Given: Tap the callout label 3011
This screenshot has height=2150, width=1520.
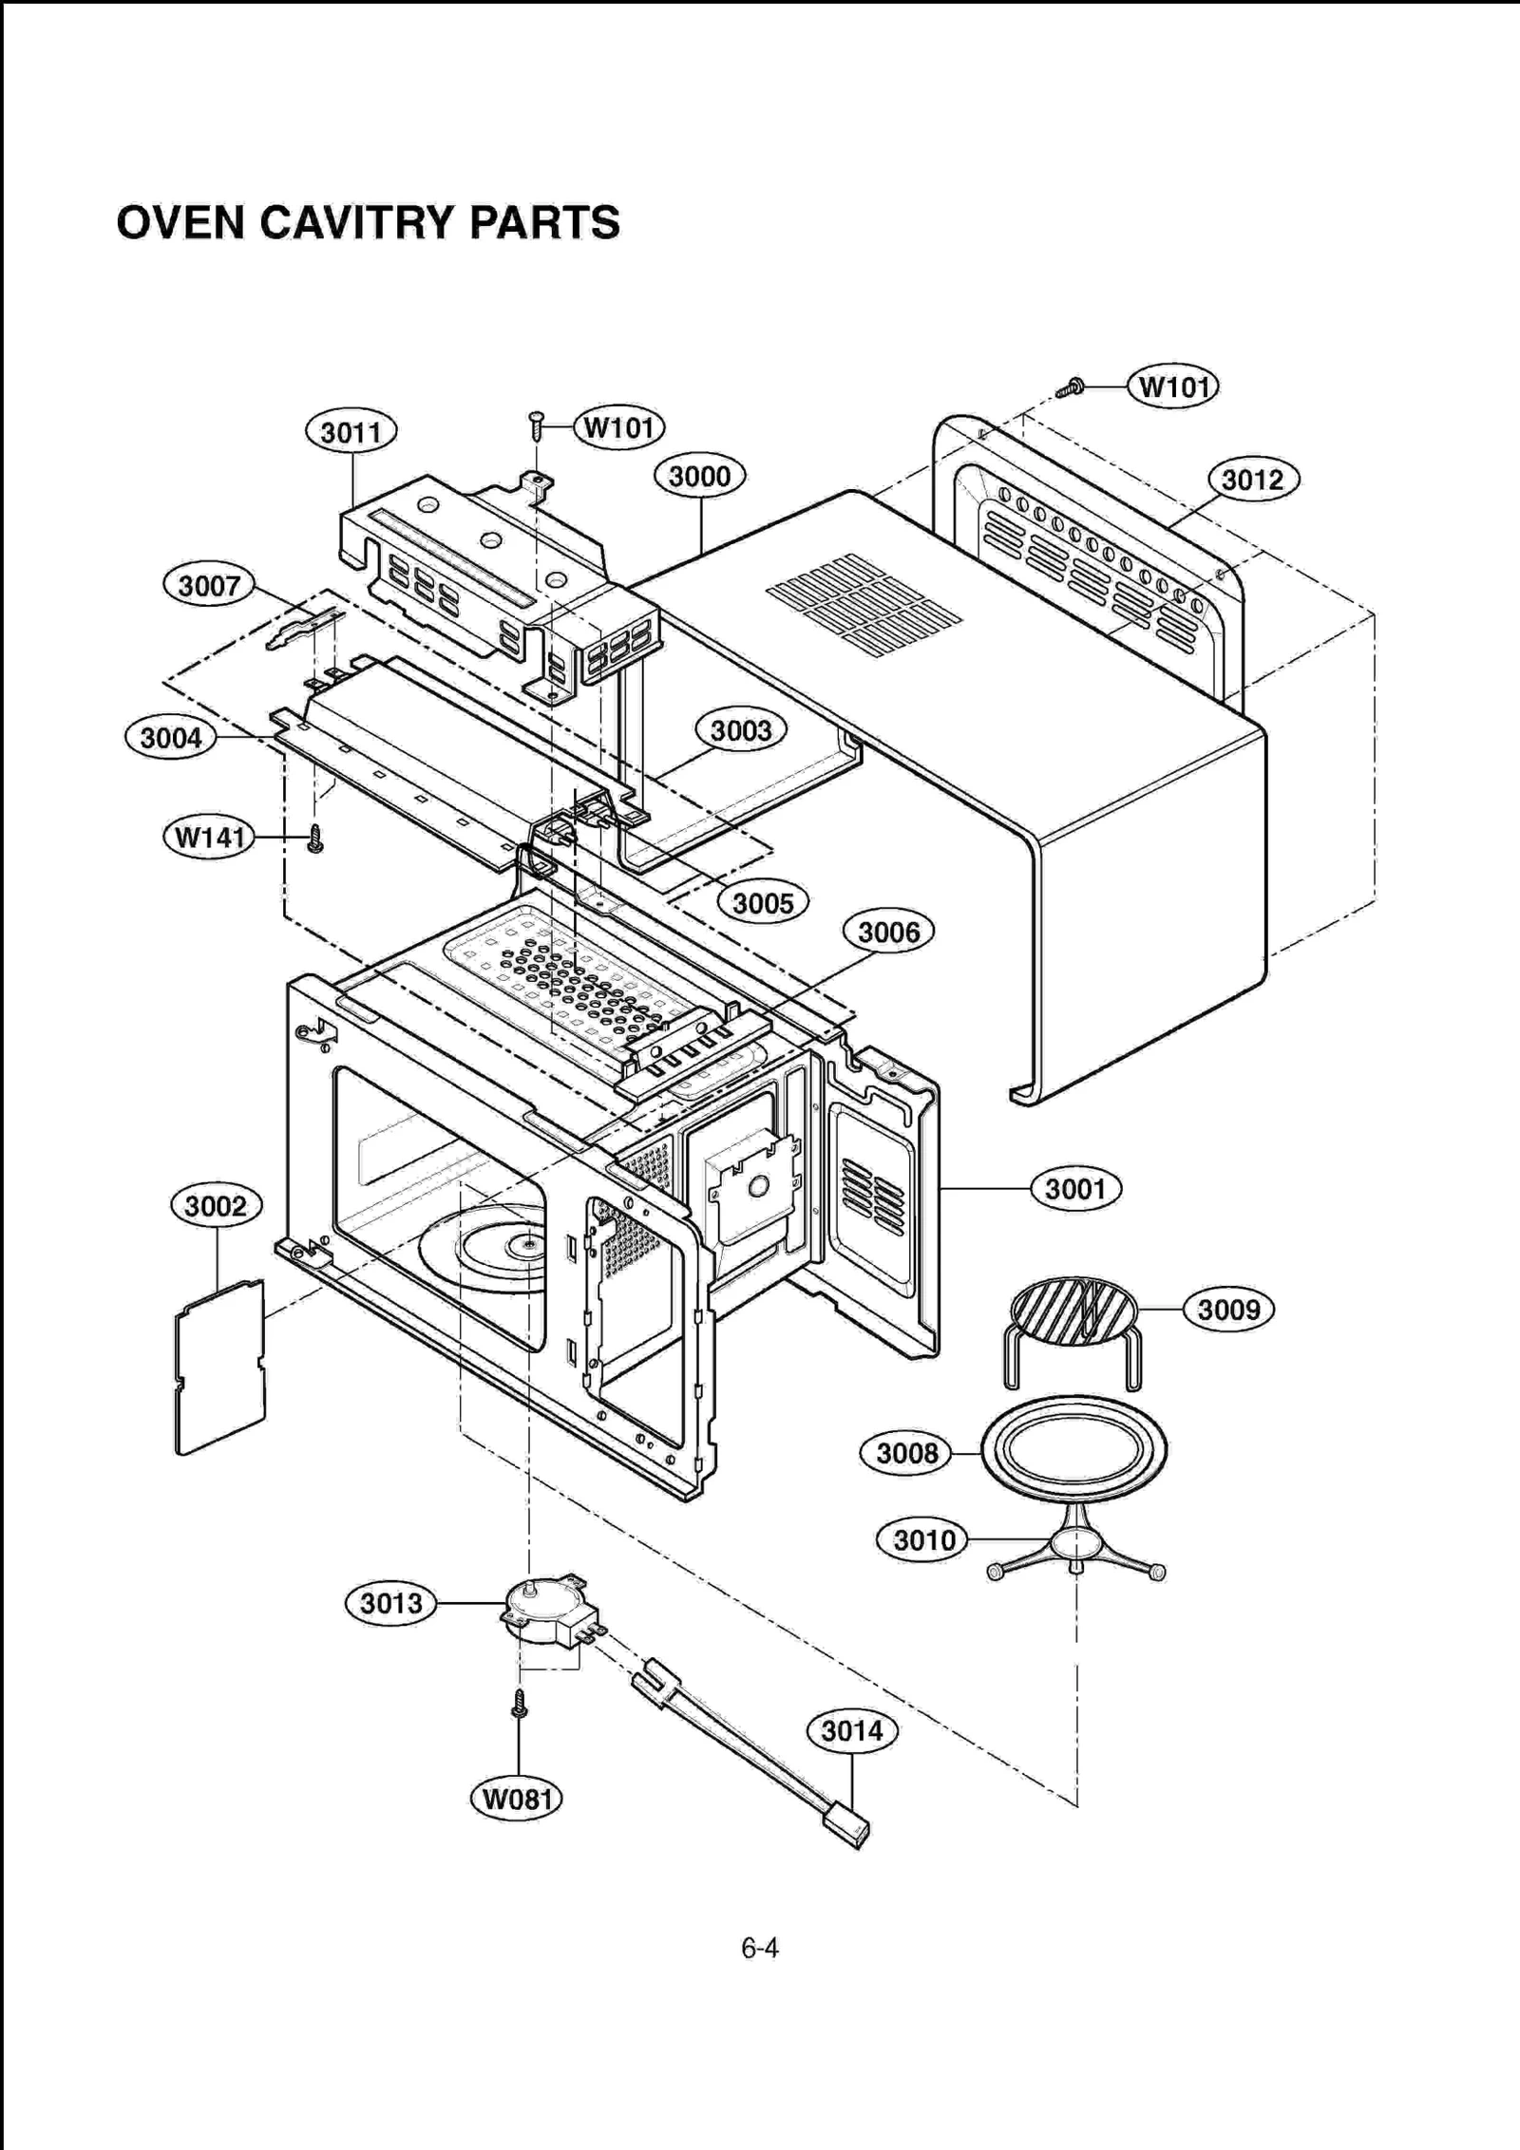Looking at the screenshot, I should [x=351, y=433].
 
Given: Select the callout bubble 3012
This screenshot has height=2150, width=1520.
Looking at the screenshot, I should [x=1252, y=480].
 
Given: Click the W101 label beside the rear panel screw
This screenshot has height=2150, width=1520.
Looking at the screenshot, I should [x=1173, y=387].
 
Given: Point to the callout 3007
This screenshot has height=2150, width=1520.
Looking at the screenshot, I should [x=209, y=585].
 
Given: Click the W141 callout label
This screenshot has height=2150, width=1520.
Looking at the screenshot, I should [x=209, y=838].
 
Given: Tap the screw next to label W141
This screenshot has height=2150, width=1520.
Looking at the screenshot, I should [x=315, y=839].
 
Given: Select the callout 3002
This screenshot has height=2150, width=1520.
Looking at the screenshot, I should [x=216, y=1206].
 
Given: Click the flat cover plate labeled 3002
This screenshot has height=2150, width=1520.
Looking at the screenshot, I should [x=220, y=1367].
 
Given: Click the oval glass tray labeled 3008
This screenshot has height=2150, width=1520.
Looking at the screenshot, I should [x=1073, y=1452].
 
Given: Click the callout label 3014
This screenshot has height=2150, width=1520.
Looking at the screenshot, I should [x=852, y=1731].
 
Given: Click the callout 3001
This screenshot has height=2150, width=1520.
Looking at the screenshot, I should [x=1075, y=1189].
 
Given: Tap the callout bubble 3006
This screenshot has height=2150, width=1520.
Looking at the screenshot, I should [x=888, y=933].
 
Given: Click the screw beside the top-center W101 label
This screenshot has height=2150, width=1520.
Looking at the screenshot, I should [x=537, y=425].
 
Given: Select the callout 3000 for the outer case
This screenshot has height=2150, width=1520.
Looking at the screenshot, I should [x=700, y=477].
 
